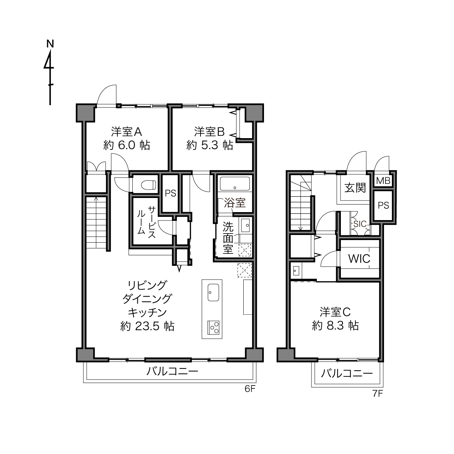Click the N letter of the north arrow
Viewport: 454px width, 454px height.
coord(50,44)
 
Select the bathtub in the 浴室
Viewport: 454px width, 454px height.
coord(235,184)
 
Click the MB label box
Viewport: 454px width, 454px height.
coord(383,181)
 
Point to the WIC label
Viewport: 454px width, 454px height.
coord(359,259)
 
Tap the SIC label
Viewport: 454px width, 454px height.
coord(360,224)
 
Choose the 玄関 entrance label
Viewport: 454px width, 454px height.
coord(355,188)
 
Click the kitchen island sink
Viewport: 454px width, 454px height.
coord(214,292)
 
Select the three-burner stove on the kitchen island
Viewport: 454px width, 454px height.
coord(214,327)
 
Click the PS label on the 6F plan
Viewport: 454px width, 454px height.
coord(170,193)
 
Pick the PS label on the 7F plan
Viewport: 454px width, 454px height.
coord(383,206)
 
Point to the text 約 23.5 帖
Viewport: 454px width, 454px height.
coord(147,326)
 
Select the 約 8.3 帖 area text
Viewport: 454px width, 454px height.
coord(335,326)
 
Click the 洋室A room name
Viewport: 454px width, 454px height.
coord(127,132)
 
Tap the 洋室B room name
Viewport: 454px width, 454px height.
coord(210,132)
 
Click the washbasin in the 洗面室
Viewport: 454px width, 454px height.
coord(245,225)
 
